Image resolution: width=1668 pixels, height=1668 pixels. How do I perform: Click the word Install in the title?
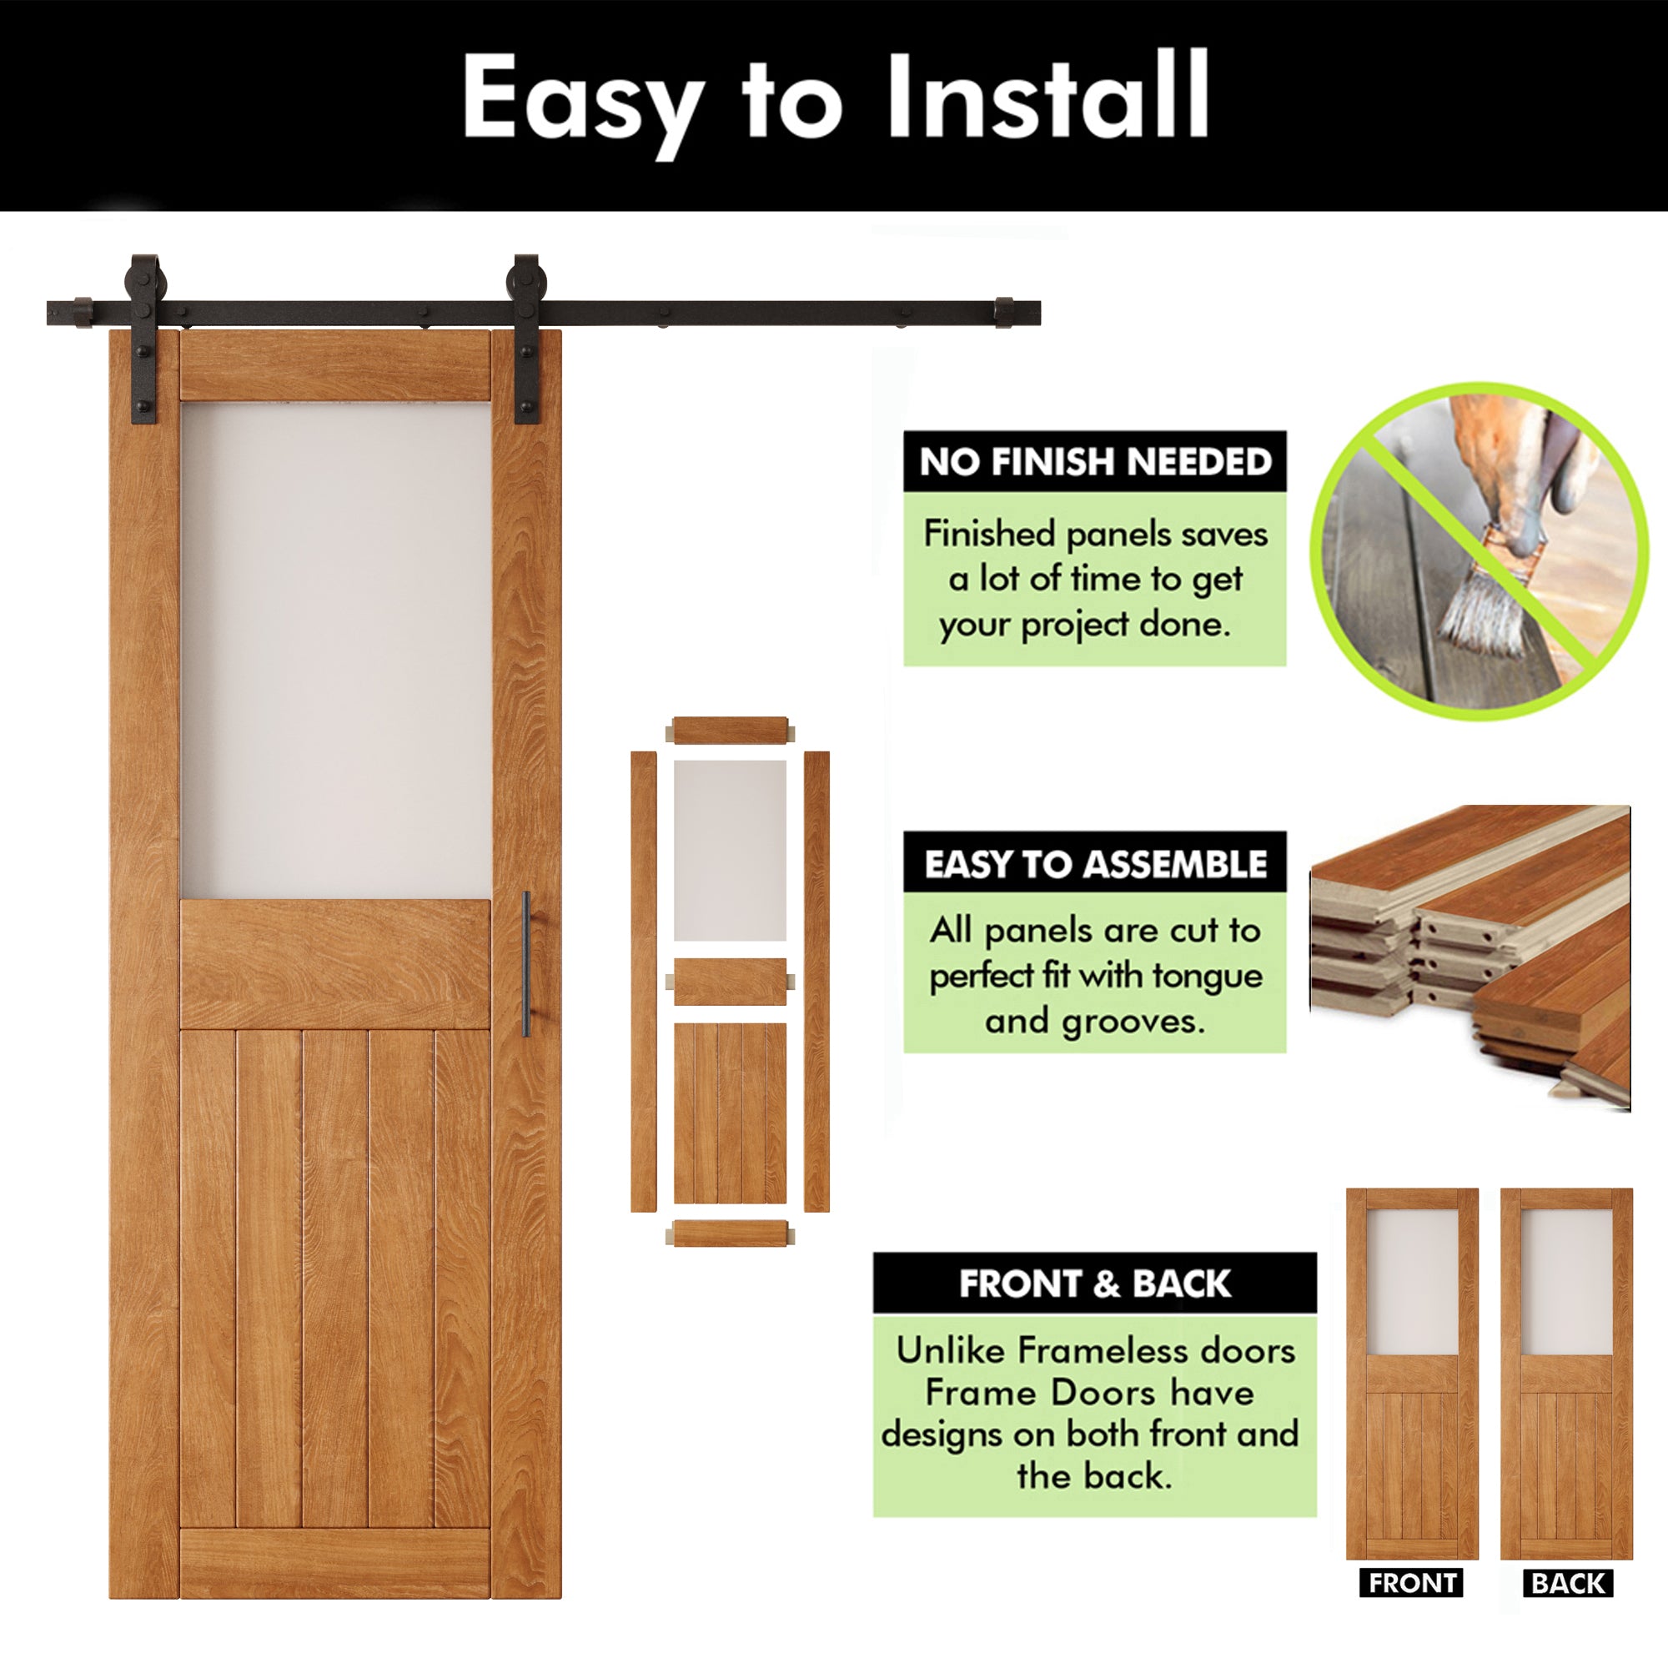pos(1047,97)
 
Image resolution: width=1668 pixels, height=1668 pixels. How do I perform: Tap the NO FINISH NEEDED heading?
pos(1095,462)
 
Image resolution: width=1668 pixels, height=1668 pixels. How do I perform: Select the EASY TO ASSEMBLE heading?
pos(1095,863)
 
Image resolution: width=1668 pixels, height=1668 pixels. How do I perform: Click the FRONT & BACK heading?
pos(1095,1284)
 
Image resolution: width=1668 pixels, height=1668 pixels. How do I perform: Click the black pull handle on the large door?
pos(526,963)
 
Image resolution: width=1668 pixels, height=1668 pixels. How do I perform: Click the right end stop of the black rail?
pos(1004,313)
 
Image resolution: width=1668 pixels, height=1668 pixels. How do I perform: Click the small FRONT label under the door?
pos(1412,1584)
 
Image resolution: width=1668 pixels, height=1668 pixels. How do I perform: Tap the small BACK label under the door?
pos(1567,1584)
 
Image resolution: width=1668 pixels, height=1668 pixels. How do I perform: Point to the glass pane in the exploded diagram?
pos(730,851)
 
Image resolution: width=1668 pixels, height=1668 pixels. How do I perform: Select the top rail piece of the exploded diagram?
pos(730,731)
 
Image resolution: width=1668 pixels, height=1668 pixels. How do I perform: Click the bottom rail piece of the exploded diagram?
pos(730,1233)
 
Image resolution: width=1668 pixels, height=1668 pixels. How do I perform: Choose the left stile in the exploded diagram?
pos(643,982)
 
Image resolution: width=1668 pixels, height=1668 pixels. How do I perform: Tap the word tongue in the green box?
pos(1207,976)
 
